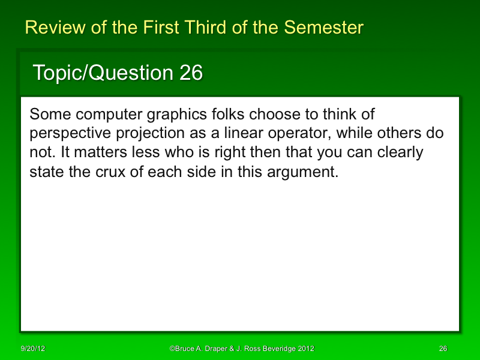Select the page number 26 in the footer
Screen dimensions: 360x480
coord(443,349)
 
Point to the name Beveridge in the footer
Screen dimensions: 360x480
coord(277,349)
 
